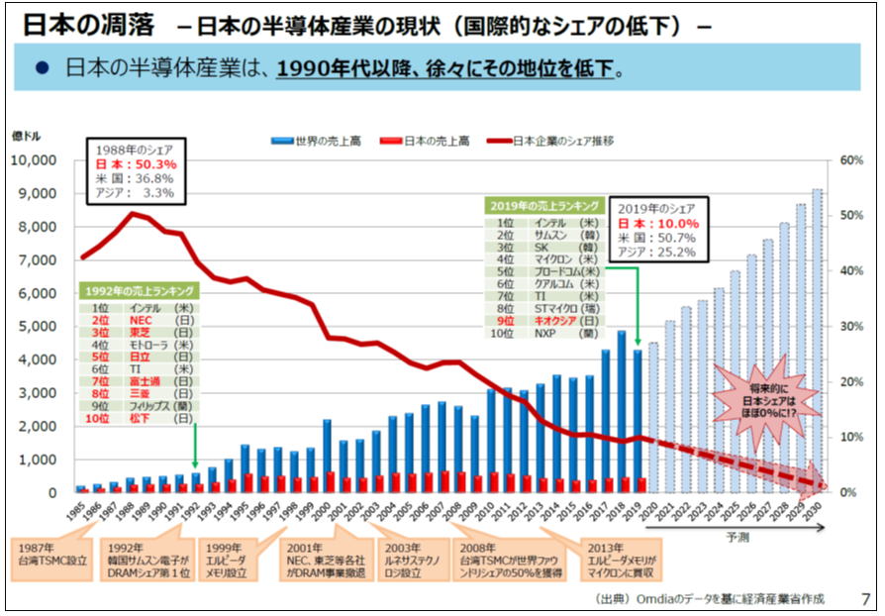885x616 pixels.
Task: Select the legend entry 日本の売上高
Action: (437, 142)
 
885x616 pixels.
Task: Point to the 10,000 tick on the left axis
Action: (39, 160)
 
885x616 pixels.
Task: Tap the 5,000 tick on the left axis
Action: (46, 327)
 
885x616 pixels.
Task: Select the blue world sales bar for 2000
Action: (327, 456)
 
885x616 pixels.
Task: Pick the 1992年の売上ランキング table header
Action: (139, 291)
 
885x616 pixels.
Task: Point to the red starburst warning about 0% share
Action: (766, 400)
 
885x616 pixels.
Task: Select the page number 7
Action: (866, 599)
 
